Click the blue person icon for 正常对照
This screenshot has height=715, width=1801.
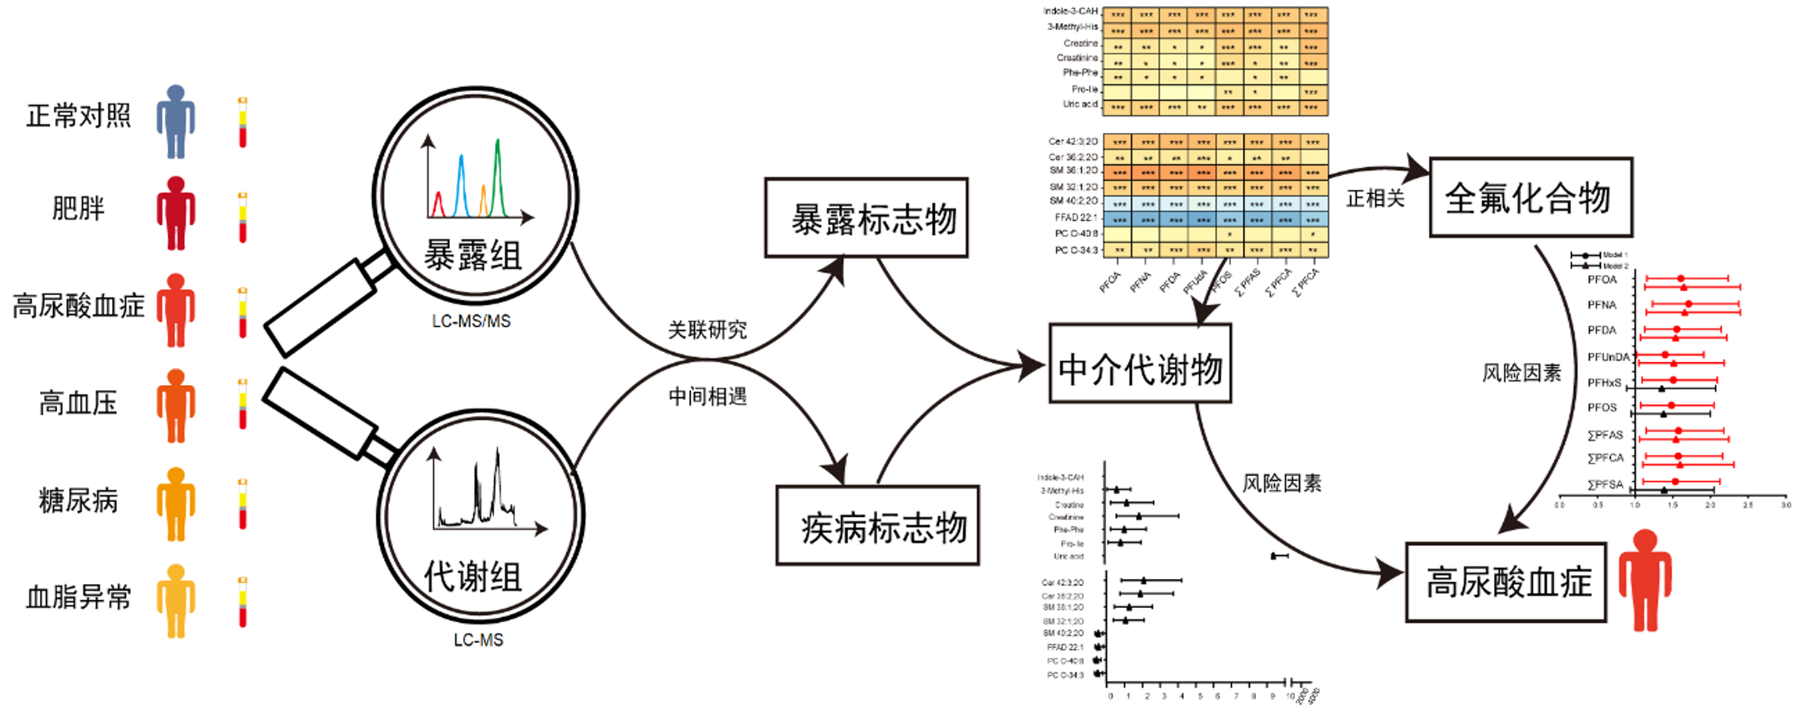click(175, 122)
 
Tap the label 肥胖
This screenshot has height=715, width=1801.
click(78, 208)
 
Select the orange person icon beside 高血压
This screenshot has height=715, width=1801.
click(175, 405)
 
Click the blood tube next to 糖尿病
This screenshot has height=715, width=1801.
click(243, 504)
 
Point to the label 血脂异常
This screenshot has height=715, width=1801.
click(78, 597)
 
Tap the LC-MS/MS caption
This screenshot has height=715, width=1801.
click(471, 322)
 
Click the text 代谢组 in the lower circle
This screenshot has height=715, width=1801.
click(473, 577)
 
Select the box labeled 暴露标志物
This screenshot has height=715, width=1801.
click(866, 218)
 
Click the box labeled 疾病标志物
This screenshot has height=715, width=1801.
click(878, 525)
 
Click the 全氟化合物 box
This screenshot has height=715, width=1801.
click(1530, 198)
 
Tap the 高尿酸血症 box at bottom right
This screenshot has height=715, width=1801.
click(1506, 582)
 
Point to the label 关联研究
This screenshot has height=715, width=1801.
click(708, 329)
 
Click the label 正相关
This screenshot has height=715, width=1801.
click(1375, 199)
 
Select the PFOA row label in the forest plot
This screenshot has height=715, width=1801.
click(1602, 279)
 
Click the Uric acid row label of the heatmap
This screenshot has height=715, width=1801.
click(1080, 104)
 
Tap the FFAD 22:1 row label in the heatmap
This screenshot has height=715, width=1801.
click(1076, 217)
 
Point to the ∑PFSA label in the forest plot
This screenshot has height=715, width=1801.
click(1605, 484)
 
